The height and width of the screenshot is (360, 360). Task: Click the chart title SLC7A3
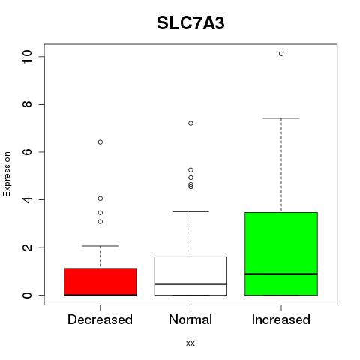coord(190,23)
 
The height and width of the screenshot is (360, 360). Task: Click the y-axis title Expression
coord(7,174)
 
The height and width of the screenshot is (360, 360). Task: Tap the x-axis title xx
coord(190,343)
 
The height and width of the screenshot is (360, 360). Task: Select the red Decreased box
coord(100,282)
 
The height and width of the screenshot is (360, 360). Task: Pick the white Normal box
coord(190,276)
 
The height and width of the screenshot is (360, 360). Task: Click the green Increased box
coord(281,253)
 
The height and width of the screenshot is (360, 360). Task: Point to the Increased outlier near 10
coord(281,54)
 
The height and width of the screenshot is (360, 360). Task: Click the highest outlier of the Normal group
coord(190,124)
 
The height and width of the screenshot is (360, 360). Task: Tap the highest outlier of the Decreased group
coord(100,142)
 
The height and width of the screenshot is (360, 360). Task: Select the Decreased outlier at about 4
coord(100,199)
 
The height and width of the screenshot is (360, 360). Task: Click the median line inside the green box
coord(281,274)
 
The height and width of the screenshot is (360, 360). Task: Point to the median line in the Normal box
coord(190,284)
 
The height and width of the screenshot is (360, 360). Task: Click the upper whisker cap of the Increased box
coord(281,118)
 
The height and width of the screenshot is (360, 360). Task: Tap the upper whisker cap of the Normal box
coord(190,211)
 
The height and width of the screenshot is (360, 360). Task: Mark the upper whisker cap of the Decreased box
coord(100,246)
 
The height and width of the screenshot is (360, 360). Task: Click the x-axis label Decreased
coord(100,319)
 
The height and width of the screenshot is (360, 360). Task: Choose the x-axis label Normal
coord(190,319)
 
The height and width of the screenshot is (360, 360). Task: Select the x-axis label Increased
coord(281,319)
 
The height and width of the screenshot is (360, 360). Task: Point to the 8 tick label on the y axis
coord(27,104)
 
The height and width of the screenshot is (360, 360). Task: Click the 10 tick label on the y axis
coord(27,56)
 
